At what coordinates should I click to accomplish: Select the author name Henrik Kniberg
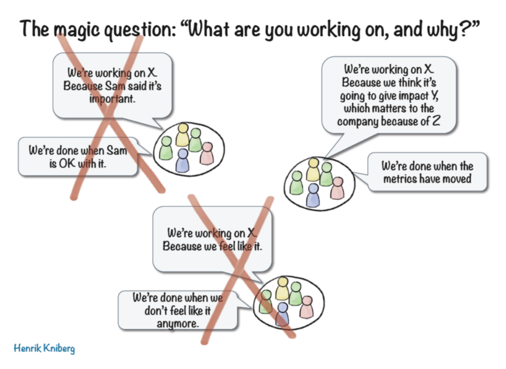point(44,348)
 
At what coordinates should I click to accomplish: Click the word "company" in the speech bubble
point(358,122)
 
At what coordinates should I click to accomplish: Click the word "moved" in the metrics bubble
point(458,179)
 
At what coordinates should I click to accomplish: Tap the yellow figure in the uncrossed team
point(313,169)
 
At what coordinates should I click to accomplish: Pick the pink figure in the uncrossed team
point(337,188)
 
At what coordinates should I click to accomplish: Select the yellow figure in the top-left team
point(183,134)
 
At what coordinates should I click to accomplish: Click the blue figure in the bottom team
point(282,314)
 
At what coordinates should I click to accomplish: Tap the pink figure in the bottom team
point(307,306)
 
